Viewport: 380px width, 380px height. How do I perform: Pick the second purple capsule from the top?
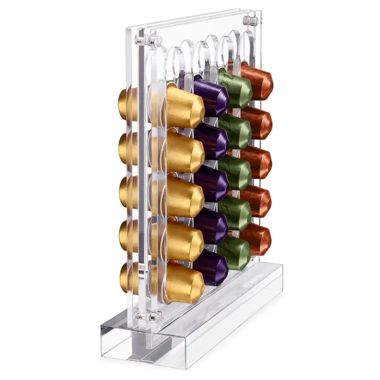(x=212, y=141)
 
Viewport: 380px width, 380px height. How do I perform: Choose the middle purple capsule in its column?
(x=212, y=184)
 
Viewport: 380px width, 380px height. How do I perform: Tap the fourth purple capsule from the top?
(x=212, y=225)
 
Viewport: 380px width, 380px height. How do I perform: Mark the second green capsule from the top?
(x=236, y=130)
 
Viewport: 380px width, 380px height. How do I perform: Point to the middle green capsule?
(x=236, y=172)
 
